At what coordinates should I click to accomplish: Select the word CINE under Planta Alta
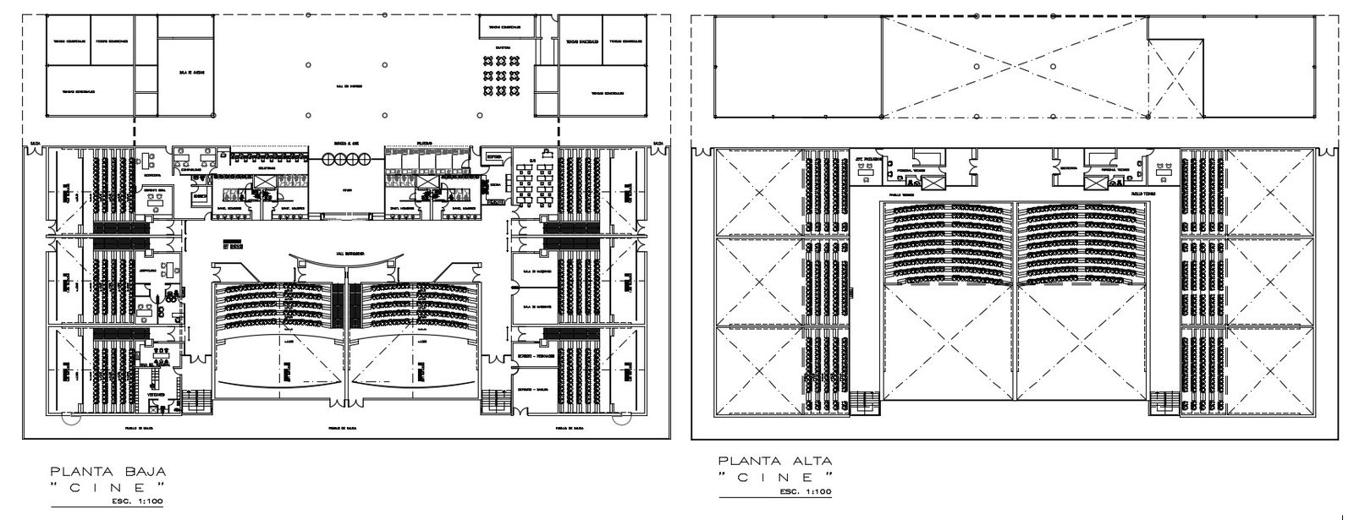(x=774, y=477)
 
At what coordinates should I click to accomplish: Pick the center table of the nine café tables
(x=501, y=74)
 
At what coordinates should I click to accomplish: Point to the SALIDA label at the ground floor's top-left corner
(x=35, y=145)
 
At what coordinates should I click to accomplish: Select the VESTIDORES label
(x=155, y=395)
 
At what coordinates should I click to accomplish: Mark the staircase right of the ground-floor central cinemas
(x=493, y=401)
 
